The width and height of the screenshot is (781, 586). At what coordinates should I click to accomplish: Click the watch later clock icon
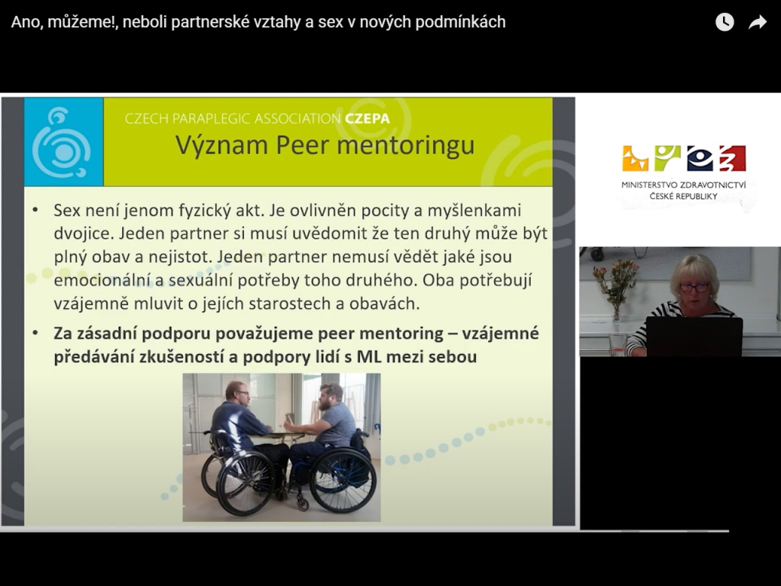click(725, 22)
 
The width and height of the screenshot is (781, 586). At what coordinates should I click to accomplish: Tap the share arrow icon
click(757, 22)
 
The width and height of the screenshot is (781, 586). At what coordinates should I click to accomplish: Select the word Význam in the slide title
click(222, 146)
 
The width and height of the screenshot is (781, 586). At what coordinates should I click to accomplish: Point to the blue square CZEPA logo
click(64, 142)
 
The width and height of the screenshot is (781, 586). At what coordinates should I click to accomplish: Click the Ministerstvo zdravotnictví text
click(683, 185)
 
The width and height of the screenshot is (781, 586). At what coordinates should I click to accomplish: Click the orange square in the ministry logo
click(635, 159)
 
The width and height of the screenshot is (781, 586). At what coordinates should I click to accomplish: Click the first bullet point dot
click(35, 210)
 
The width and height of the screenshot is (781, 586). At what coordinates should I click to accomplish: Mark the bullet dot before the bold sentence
click(35, 333)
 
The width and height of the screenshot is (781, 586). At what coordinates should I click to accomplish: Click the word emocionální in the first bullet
click(101, 280)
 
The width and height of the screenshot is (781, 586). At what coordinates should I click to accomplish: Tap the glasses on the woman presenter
click(693, 288)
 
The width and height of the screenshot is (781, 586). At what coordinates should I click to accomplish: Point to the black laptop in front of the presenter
click(694, 336)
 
